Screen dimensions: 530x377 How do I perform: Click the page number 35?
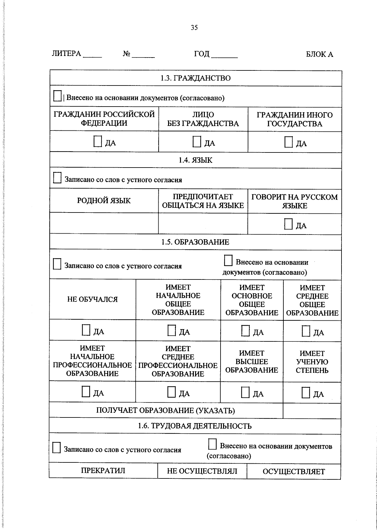pyautogui.click(x=194, y=28)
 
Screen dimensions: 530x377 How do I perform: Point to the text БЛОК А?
pyautogui.click(x=319, y=54)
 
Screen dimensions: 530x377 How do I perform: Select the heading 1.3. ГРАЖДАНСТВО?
pyautogui.click(x=195, y=78)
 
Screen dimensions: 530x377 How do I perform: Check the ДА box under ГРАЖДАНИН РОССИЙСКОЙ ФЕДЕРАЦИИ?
pyautogui.click(x=98, y=142)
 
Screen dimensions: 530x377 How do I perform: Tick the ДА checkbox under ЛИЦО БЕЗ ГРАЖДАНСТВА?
pyautogui.click(x=197, y=142)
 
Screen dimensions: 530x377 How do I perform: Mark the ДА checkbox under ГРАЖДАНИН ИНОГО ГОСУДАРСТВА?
pyautogui.click(x=288, y=142)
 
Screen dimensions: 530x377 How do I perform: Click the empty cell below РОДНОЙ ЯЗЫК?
pyautogui.click(x=104, y=223)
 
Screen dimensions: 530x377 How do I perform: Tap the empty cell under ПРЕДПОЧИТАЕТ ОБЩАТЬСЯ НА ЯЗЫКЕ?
pyautogui.click(x=203, y=224)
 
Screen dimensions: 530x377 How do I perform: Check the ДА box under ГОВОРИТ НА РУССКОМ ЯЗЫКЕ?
pyautogui.click(x=288, y=224)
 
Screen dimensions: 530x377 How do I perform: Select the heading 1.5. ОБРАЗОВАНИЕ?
pyautogui.click(x=195, y=242)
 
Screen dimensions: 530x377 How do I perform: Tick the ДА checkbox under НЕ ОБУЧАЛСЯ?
pyautogui.click(x=86, y=330)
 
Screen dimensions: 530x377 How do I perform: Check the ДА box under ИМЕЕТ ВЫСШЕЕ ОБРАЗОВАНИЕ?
pyautogui.click(x=245, y=392)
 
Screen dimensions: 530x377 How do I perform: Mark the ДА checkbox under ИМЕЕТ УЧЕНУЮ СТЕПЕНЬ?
pyautogui.click(x=306, y=393)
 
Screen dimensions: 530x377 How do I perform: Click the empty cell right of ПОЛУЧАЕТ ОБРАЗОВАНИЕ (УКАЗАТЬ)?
pyautogui.click(x=312, y=411)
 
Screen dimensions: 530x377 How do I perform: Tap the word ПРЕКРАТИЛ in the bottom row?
pyautogui.click(x=103, y=470)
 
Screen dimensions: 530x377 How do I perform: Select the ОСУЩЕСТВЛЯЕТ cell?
pyautogui.click(x=294, y=472)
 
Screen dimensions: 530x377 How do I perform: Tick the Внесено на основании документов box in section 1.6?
pyautogui.click(x=212, y=444)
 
